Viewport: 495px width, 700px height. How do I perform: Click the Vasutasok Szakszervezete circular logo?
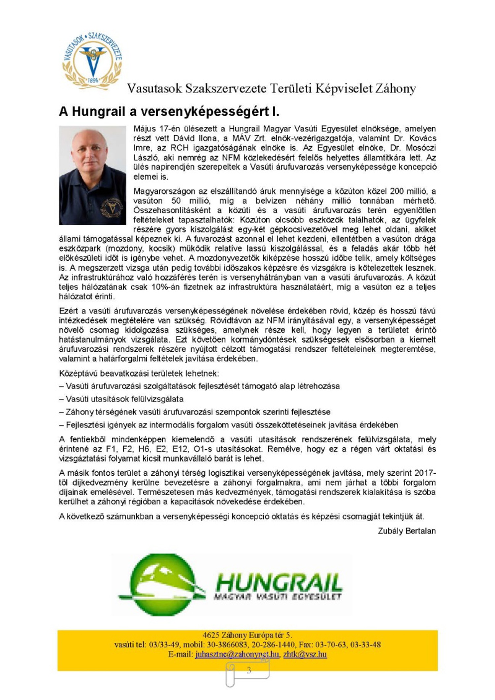[92, 61]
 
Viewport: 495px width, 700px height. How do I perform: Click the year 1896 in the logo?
[93, 80]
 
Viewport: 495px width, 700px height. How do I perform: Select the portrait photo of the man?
[92, 175]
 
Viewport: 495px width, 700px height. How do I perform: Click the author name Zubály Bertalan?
[407, 531]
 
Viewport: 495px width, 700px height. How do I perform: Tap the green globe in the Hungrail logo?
[158, 585]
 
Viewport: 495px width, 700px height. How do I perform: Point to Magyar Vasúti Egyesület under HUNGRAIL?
[277, 597]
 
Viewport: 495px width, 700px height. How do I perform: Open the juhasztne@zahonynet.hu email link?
[237, 654]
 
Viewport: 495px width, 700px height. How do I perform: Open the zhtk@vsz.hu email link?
[305, 654]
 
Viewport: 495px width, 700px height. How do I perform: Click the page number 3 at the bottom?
[249, 670]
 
